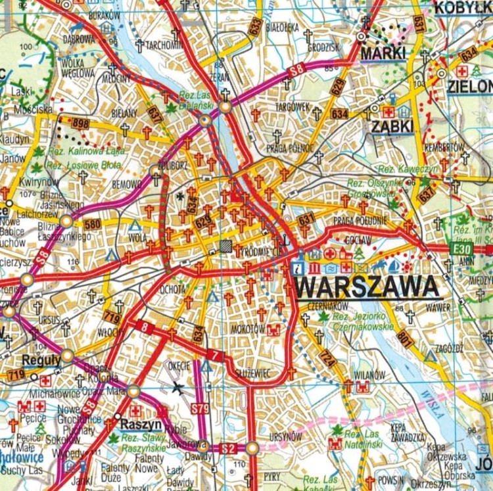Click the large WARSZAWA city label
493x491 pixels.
[367, 287]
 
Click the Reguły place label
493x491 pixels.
[41, 360]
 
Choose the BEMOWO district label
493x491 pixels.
[126, 185]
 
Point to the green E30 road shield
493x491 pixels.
[459, 249]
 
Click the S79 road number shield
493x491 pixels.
[200, 408]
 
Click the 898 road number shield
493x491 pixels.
[80, 123]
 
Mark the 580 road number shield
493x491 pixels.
[92, 223]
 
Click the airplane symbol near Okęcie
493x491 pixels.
[177, 387]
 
